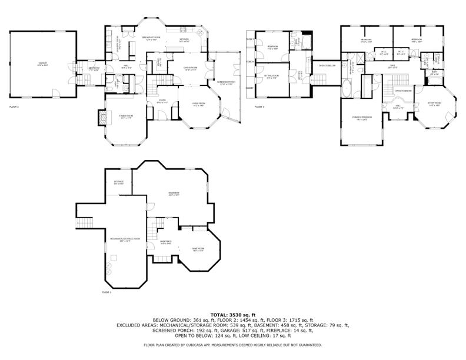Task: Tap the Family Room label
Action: pos(126,116)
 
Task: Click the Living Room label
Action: pos(198,105)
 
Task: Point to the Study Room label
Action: pos(434,104)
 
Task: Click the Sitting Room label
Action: pos(271,76)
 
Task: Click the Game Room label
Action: pos(198,251)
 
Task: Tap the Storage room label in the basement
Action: pos(118,182)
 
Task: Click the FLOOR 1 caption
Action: pos(106,292)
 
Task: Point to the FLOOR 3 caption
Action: pos(259,107)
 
